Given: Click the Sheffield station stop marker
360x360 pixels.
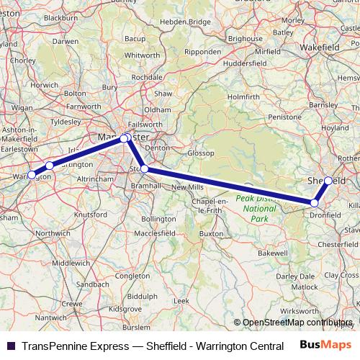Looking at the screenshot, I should tap(328, 181).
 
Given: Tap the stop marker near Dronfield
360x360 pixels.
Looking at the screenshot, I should tap(315, 204).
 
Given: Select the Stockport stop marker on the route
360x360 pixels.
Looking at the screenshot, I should tap(145, 168).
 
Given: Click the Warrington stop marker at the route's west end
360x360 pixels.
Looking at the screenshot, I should tap(32, 175).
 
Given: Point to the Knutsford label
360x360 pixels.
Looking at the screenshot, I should tap(90, 215).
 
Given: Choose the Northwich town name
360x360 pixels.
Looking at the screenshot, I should tap(53, 233).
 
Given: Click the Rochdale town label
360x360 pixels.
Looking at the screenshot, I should tap(146, 76).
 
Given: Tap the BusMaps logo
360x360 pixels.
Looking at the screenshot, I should tap(330, 346).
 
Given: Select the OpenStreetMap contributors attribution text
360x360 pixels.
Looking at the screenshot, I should tap(294, 323).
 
